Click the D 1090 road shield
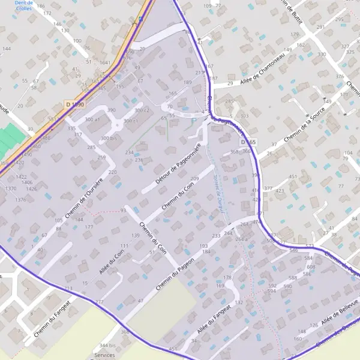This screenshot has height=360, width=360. [75, 104]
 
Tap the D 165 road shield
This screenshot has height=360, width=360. [248, 142]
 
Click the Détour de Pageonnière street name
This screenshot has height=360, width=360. [177, 163]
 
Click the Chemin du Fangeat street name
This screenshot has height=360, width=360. [53, 316]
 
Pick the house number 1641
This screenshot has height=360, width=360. [104, 62]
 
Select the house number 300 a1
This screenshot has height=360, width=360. [93, 120]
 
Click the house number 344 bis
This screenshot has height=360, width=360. [107, 346]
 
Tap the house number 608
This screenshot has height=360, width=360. [310, 267]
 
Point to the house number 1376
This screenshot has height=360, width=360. [20, 199]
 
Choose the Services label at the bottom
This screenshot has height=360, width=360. [106, 355]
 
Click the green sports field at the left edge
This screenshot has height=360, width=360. [8, 139]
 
